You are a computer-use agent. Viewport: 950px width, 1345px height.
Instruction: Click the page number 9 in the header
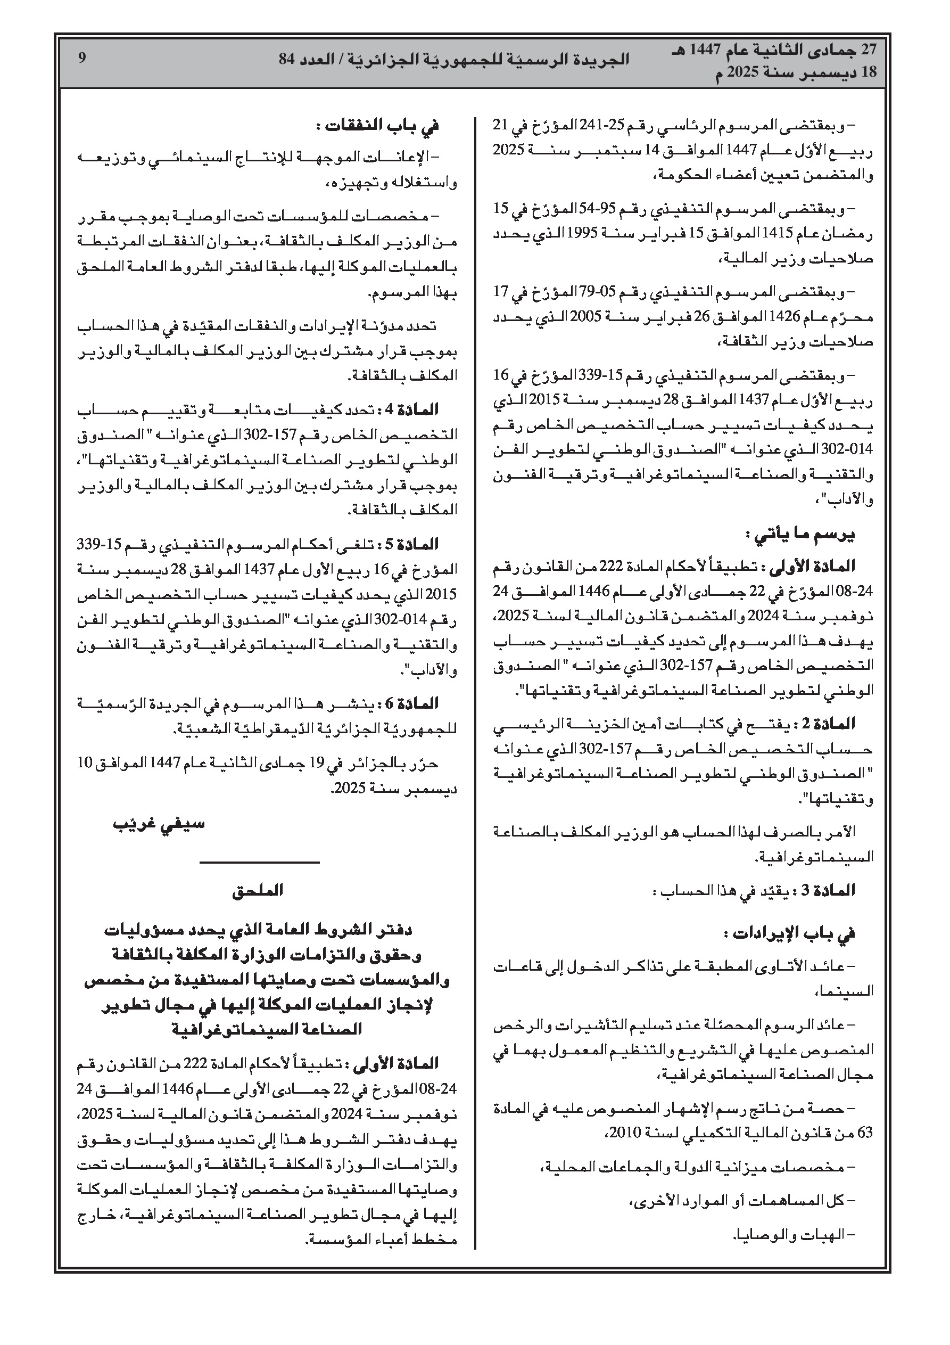(x=82, y=58)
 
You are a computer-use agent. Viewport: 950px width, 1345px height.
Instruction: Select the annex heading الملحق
(x=258, y=890)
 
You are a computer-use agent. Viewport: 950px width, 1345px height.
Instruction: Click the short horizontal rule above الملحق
(x=260, y=862)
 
